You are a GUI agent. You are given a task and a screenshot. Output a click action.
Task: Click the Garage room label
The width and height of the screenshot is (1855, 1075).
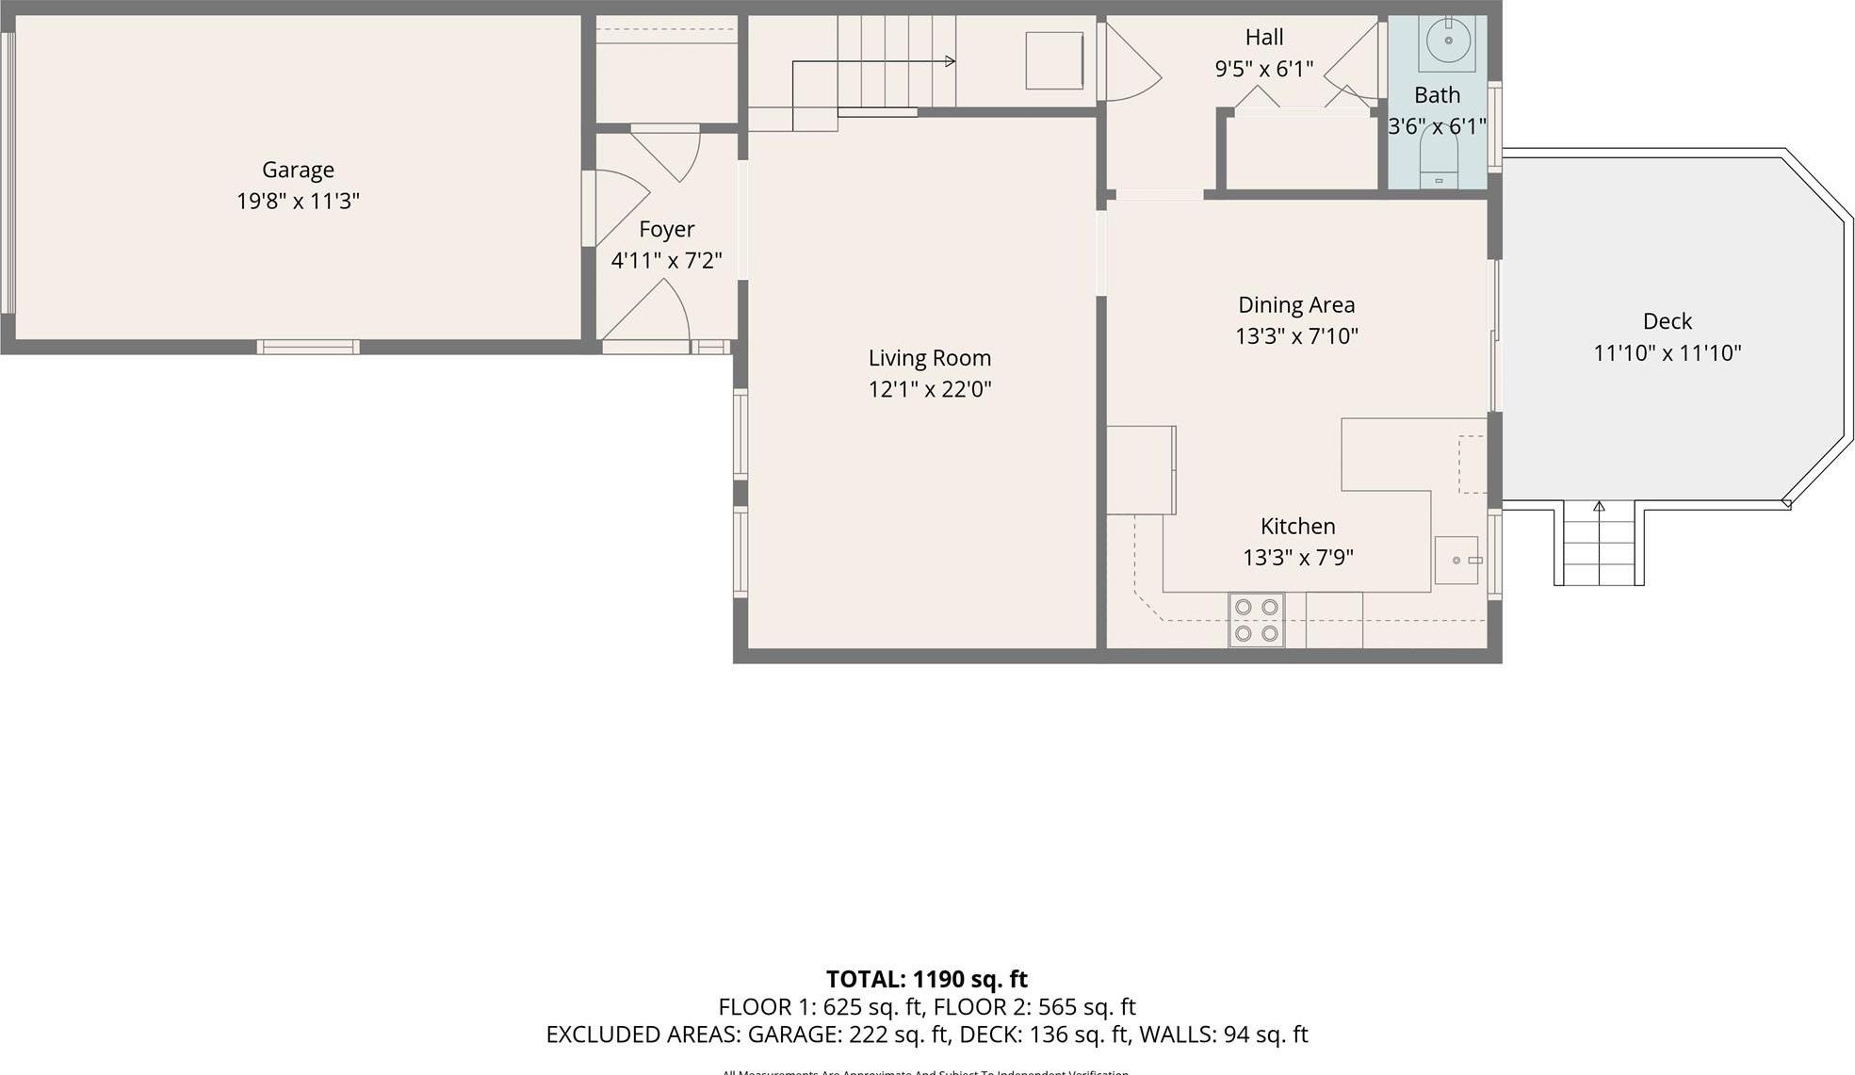pyautogui.click(x=298, y=170)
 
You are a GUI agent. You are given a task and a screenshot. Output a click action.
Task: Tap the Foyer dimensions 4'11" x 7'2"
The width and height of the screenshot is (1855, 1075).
pyautogui.click(x=666, y=260)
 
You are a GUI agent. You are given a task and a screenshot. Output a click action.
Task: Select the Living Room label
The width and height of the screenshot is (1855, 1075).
pyautogui.click(x=929, y=358)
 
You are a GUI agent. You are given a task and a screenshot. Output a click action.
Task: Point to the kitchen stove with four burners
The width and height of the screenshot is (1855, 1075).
pyautogui.click(x=1257, y=620)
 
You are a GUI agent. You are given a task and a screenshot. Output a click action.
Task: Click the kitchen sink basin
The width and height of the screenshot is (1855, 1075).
pyautogui.click(x=1456, y=560)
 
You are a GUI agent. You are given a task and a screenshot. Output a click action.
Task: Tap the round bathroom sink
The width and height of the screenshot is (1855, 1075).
pyautogui.click(x=1447, y=41)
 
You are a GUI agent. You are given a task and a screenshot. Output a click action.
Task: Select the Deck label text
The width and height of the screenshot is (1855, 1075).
pyautogui.click(x=1667, y=321)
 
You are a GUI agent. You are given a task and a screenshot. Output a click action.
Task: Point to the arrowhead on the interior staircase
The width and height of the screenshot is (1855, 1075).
pyautogui.click(x=950, y=61)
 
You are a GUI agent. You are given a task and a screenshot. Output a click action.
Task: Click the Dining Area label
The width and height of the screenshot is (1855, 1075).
pyautogui.click(x=1296, y=305)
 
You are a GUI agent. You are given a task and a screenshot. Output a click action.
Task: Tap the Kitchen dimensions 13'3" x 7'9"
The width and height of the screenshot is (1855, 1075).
pyautogui.click(x=1297, y=558)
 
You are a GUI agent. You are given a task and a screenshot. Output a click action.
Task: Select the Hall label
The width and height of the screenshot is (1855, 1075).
pyautogui.click(x=1263, y=38)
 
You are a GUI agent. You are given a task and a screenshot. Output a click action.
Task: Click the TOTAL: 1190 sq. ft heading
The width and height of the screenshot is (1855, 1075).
pyautogui.click(x=926, y=979)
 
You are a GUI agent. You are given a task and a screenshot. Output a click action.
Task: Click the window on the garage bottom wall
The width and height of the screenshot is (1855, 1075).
pyautogui.click(x=308, y=347)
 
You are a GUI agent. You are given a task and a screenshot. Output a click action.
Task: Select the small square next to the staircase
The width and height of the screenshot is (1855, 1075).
pyautogui.click(x=1053, y=60)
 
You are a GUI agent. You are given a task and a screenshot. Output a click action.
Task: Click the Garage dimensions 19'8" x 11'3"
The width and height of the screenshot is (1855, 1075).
pyautogui.click(x=298, y=201)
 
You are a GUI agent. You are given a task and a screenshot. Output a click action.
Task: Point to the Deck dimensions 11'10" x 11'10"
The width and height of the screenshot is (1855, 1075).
pyautogui.click(x=1667, y=353)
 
